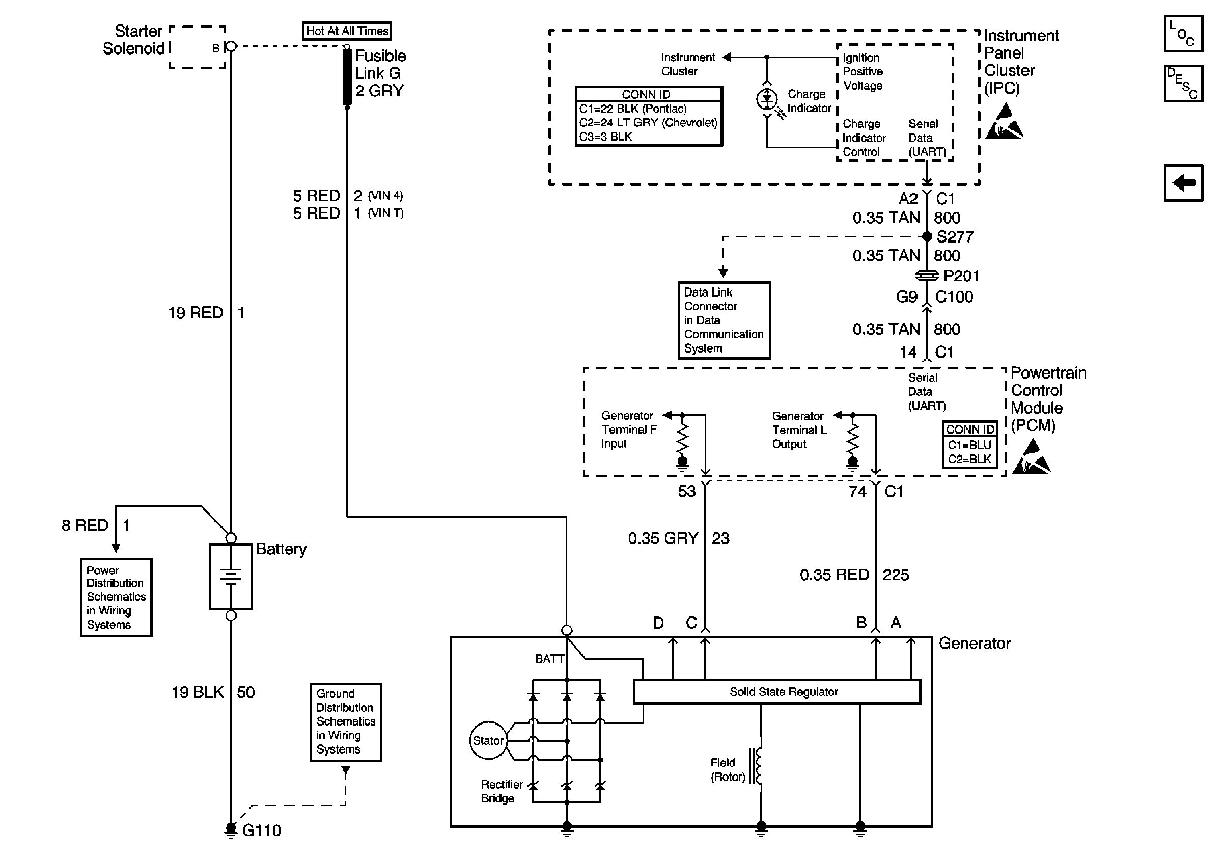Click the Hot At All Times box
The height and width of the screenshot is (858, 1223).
coord(347,31)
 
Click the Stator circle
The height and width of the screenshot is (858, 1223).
coord(487,740)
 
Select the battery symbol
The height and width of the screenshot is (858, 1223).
coord(231,576)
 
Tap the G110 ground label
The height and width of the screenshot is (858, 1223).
coord(261,830)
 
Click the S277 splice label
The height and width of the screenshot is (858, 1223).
coord(955,236)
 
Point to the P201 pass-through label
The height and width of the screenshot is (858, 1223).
coord(960,276)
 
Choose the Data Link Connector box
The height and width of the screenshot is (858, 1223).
coord(724,320)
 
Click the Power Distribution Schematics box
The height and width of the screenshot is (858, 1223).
coord(116,598)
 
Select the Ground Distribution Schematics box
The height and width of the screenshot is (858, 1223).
coord(346,721)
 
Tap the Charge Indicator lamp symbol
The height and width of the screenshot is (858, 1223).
coord(767,99)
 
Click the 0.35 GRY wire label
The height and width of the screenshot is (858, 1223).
coord(662,538)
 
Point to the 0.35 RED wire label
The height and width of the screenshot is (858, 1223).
coord(834,575)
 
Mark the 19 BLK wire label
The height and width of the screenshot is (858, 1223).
coord(198,692)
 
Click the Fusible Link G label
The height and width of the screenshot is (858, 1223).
coord(380,73)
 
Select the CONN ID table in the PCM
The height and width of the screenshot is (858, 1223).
coord(969,444)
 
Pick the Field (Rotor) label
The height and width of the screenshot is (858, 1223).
coord(727,769)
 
